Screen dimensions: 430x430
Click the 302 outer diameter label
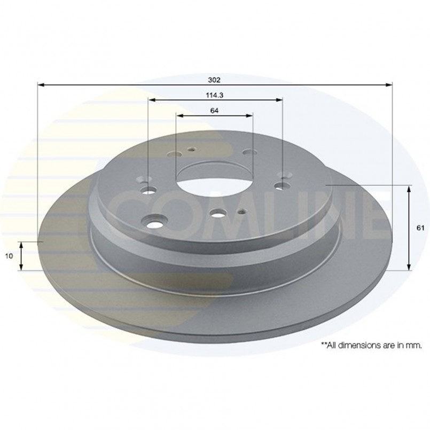214,80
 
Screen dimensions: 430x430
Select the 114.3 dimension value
215,95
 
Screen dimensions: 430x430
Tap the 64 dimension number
214,111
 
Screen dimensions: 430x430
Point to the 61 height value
420,228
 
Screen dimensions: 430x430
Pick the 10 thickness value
9,256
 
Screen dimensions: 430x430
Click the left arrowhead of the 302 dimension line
41,85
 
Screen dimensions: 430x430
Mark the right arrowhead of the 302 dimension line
389,85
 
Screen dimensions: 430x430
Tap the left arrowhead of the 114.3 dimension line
152,100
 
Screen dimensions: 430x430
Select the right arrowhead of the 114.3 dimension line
279,100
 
